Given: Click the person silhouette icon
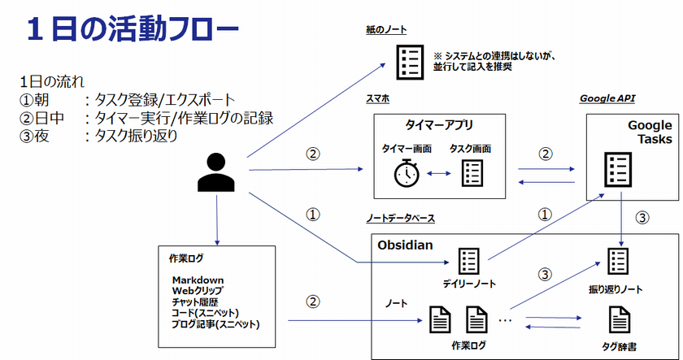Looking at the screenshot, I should pyautogui.click(x=217, y=172).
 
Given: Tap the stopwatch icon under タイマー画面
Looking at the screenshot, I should pyautogui.click(x=407, y=172).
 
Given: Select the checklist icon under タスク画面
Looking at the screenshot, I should pyautogui.click(x=472, y=172).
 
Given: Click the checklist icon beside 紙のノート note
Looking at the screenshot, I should pyautogui.click(x=409, y=61).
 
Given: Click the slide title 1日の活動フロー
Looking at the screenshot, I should pyautogui.click(x=132, y=30).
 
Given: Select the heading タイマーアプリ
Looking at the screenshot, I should pyautogui.click(x=439, y=125).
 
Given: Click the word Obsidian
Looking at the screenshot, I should pyautogui.click(x=407, y=243).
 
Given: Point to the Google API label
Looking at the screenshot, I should pyautogui.click(x=607, y=98).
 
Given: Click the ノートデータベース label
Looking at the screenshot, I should pyautogui.click(x=402, y=219).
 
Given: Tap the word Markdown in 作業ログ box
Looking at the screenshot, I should pyautogui.click(x=198, y=280).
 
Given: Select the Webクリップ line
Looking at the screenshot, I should pyautogui.click(x=198, y=291).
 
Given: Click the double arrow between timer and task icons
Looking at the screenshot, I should pyautogui.click(x=439, y=172).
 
